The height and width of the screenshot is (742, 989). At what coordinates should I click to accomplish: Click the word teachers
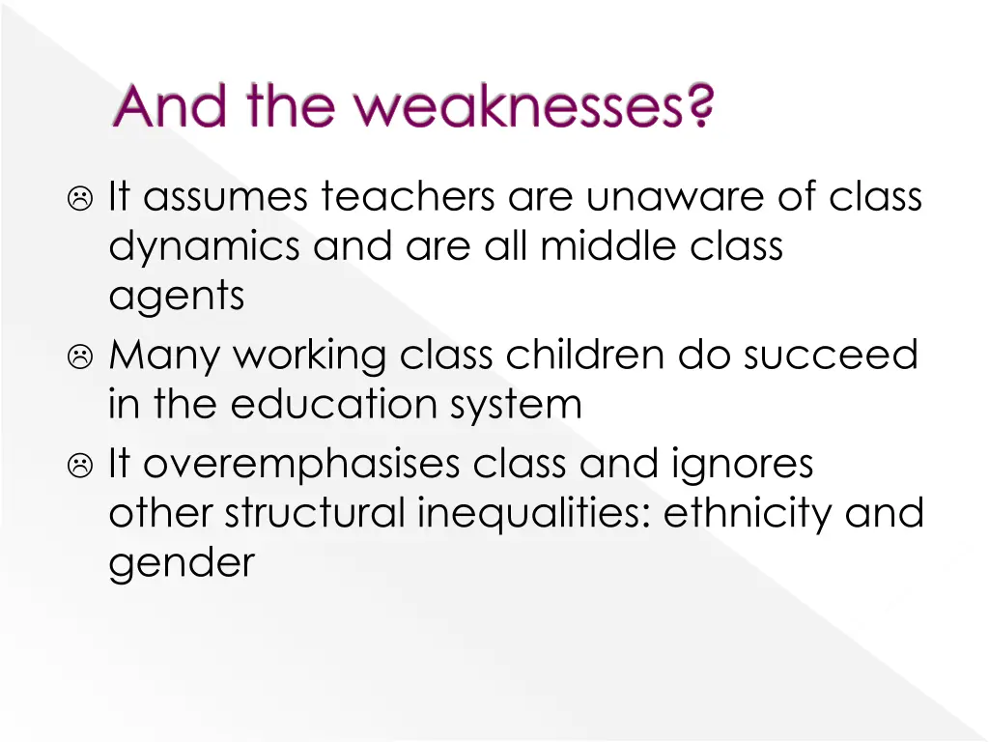point(410,197)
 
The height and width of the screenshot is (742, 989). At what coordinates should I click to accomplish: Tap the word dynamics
point(205,247)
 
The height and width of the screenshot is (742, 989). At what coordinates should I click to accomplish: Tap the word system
point(523,406)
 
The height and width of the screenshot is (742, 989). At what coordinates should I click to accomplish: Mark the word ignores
point(741,465)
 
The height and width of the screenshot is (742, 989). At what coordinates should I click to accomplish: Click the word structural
point(315,513)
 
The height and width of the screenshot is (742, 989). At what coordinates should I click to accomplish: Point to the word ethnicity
point(748,513)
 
